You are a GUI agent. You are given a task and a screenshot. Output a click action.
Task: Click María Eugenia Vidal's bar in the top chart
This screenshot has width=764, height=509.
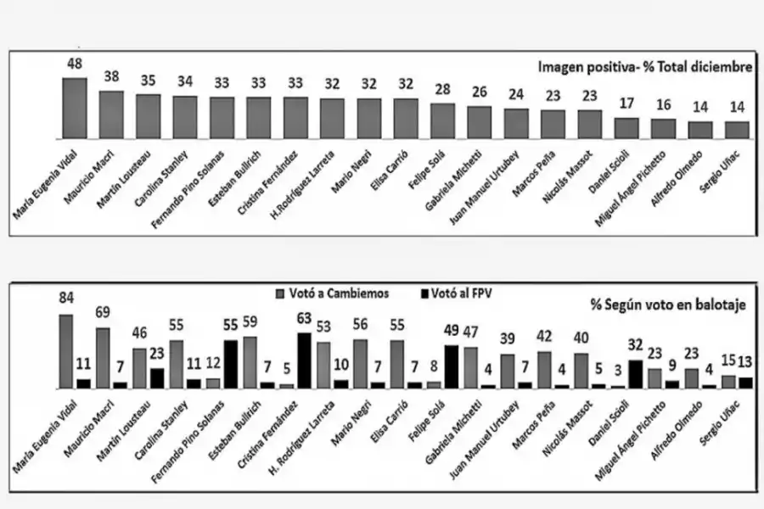pyautogui.click(x=75, y=109)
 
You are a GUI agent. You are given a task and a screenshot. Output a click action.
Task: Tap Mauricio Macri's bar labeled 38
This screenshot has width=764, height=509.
pyautogui.click(x=111, y=115)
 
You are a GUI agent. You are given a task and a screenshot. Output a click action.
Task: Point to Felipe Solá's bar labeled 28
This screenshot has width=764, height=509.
pyautogui.click(x=442, y=120)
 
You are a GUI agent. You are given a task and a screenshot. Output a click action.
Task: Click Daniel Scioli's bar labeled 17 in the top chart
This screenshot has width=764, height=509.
pyautogui.click(x=626, y=128)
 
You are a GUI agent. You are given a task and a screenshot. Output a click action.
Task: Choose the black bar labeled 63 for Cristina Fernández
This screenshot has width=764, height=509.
pyautogui.click(x=303, y=360)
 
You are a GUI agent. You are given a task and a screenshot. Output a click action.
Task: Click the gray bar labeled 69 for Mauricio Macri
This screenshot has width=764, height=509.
pyautogui.click(x=103, y=357)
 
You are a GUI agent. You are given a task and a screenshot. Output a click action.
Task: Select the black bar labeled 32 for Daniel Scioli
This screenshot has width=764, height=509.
pyautogui.click(x=636, y=373)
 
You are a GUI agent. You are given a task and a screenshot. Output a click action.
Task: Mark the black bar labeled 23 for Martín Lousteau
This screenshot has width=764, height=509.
pyautogui.click(x=156, y=378)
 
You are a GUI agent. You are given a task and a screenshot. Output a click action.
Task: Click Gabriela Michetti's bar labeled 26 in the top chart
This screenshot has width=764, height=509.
pyautogui.click(x=480, y=122)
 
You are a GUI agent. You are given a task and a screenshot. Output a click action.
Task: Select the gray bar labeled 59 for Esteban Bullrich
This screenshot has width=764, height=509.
pyautogui.click(x=250, y=361)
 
